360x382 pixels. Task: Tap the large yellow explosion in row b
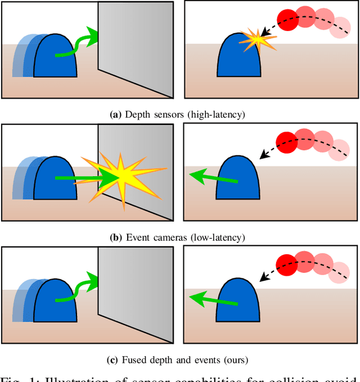[x=120, y=177]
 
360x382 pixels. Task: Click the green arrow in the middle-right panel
[x=214, y=178]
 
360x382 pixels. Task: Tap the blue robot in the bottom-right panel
[x=238, y=302]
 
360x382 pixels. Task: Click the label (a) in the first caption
[x=115, y=115]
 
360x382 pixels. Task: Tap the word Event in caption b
[x=138, y=237]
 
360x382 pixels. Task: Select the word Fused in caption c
[x=136, y=359]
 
